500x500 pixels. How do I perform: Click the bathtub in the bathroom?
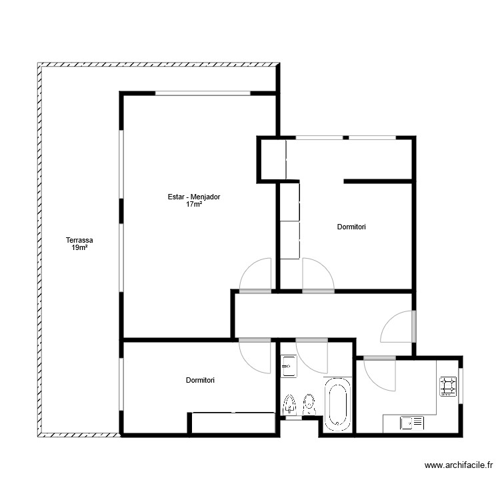click(338, 403)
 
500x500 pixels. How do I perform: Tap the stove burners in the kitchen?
click(447, 386)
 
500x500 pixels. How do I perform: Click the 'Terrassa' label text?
click(79, 240)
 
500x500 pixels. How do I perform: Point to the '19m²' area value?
click(79, 248)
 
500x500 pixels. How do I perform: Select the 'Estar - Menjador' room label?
click(194, 197)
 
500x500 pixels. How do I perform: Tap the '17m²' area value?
click(194, 205)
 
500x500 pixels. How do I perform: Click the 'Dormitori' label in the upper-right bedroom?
click(351, 227)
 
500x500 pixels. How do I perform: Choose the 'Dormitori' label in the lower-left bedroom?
click(200, 381)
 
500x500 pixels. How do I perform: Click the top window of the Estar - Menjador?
click(203, 93)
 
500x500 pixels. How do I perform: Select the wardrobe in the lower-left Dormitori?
click(233, 423)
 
